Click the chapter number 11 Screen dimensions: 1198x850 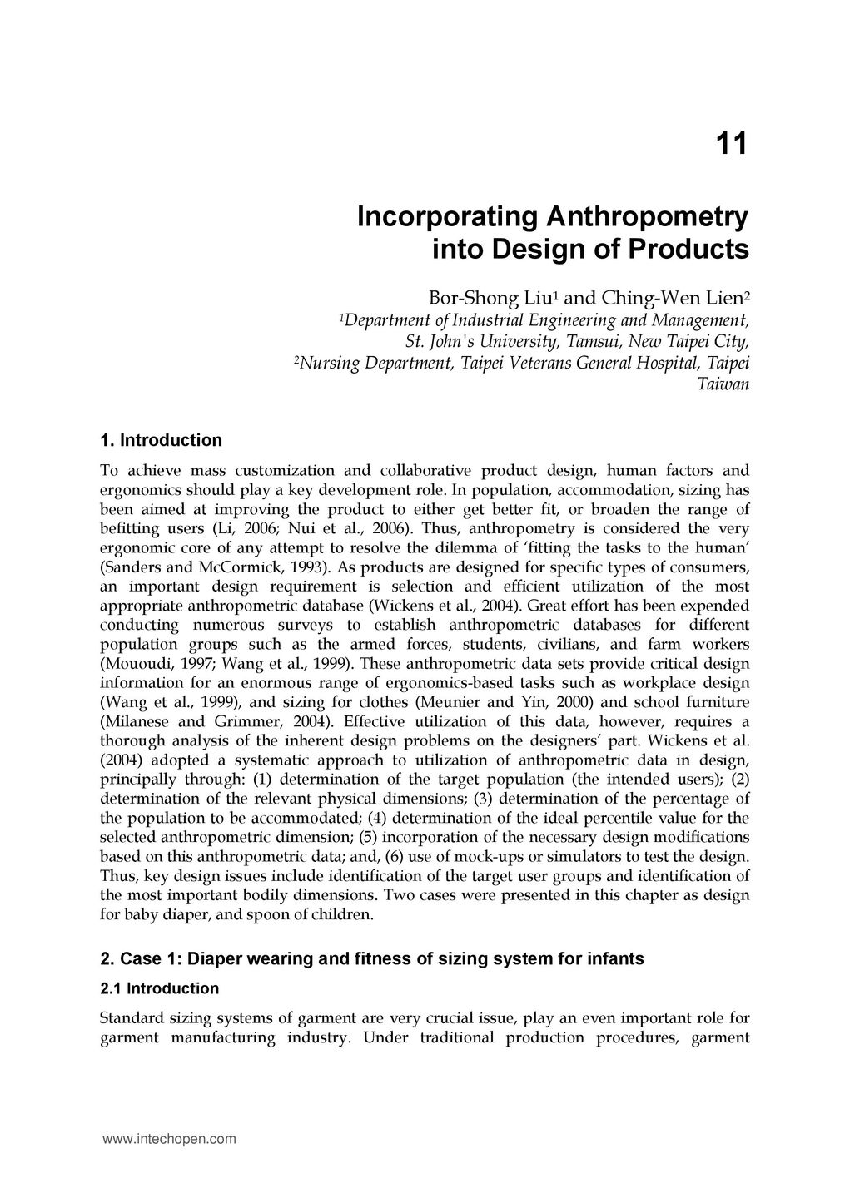point(732,145)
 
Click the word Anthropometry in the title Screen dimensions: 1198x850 point(646,217)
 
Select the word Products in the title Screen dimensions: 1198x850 point(696,249)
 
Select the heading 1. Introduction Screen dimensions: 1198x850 point(161,440)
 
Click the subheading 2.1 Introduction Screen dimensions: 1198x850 point(159,988)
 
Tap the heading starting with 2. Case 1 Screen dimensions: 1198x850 point(371,958)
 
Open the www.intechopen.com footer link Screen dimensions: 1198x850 point(169,1140)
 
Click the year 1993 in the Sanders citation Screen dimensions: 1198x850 point(309,567)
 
